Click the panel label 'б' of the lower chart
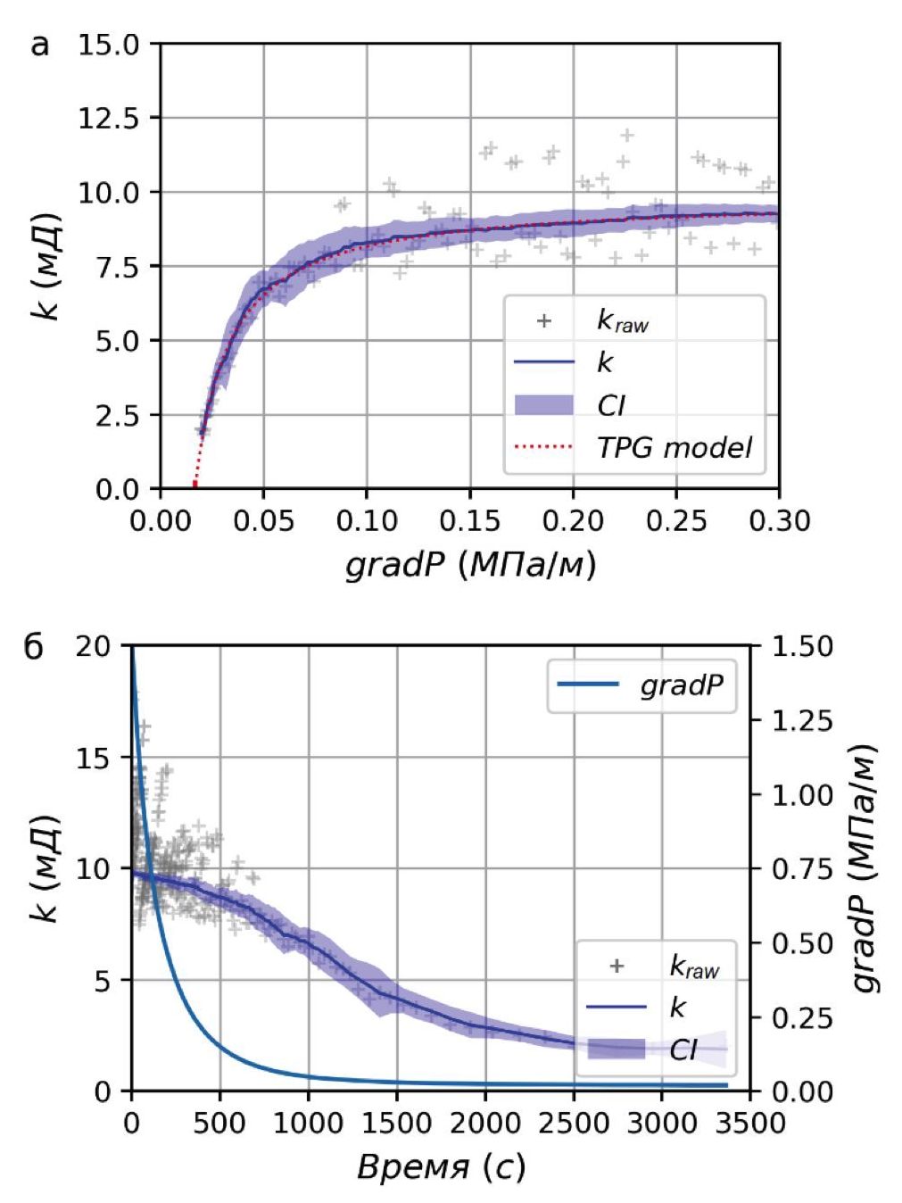point(33,646)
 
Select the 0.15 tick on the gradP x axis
point(469,520)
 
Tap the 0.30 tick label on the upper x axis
point(779,520)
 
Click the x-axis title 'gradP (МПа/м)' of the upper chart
point(470,564)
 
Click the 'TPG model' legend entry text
point(674,447)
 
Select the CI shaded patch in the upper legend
point(543,404)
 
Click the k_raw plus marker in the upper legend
point(543,320)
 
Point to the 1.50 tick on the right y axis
point(802,646)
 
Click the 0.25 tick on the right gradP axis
point(802,1016)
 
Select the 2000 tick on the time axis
point(484,1123)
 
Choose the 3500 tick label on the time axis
point(749,1123)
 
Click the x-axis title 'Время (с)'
point(441,1166)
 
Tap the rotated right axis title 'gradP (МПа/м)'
point(865,867)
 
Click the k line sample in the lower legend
point(617,1007)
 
